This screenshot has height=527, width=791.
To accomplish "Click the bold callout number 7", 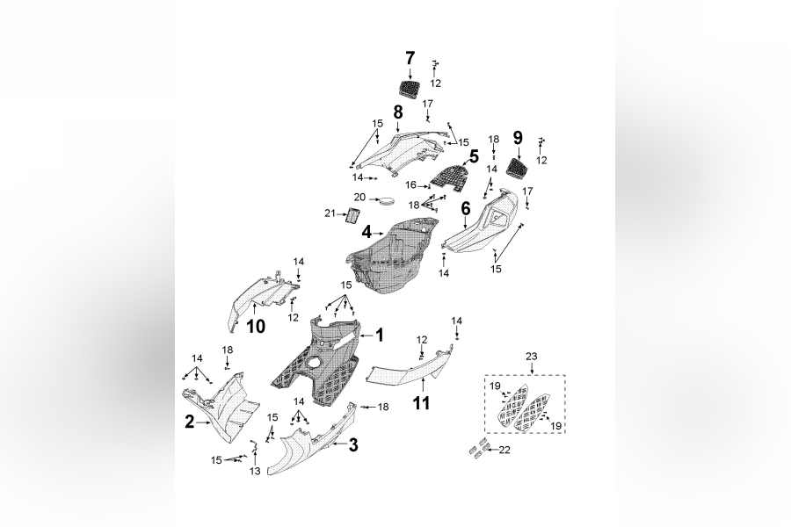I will (410, 58).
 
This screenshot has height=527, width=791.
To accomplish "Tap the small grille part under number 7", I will (410, 89).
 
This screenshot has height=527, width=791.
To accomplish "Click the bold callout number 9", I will (518, 137).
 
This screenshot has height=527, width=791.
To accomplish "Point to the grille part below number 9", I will (519, 164).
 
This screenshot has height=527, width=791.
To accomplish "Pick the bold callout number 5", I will (473, 158).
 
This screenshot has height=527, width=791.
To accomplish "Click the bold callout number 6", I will (466, 208).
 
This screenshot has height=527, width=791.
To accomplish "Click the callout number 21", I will (330, 214).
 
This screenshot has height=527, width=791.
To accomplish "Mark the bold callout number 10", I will (255, 328).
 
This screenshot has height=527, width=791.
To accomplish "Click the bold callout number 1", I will (380, 335).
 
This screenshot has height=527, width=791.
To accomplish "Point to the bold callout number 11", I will (422, 404).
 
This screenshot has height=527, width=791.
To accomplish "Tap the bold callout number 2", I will (189, 422).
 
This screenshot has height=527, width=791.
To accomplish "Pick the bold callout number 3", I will (352, 445).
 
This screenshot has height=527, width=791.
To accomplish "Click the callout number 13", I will (255, 472).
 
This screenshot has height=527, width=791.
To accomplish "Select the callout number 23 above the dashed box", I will (530, 356).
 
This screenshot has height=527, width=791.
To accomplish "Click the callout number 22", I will (504, 451).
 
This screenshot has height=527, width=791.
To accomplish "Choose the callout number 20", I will (359, 197).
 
